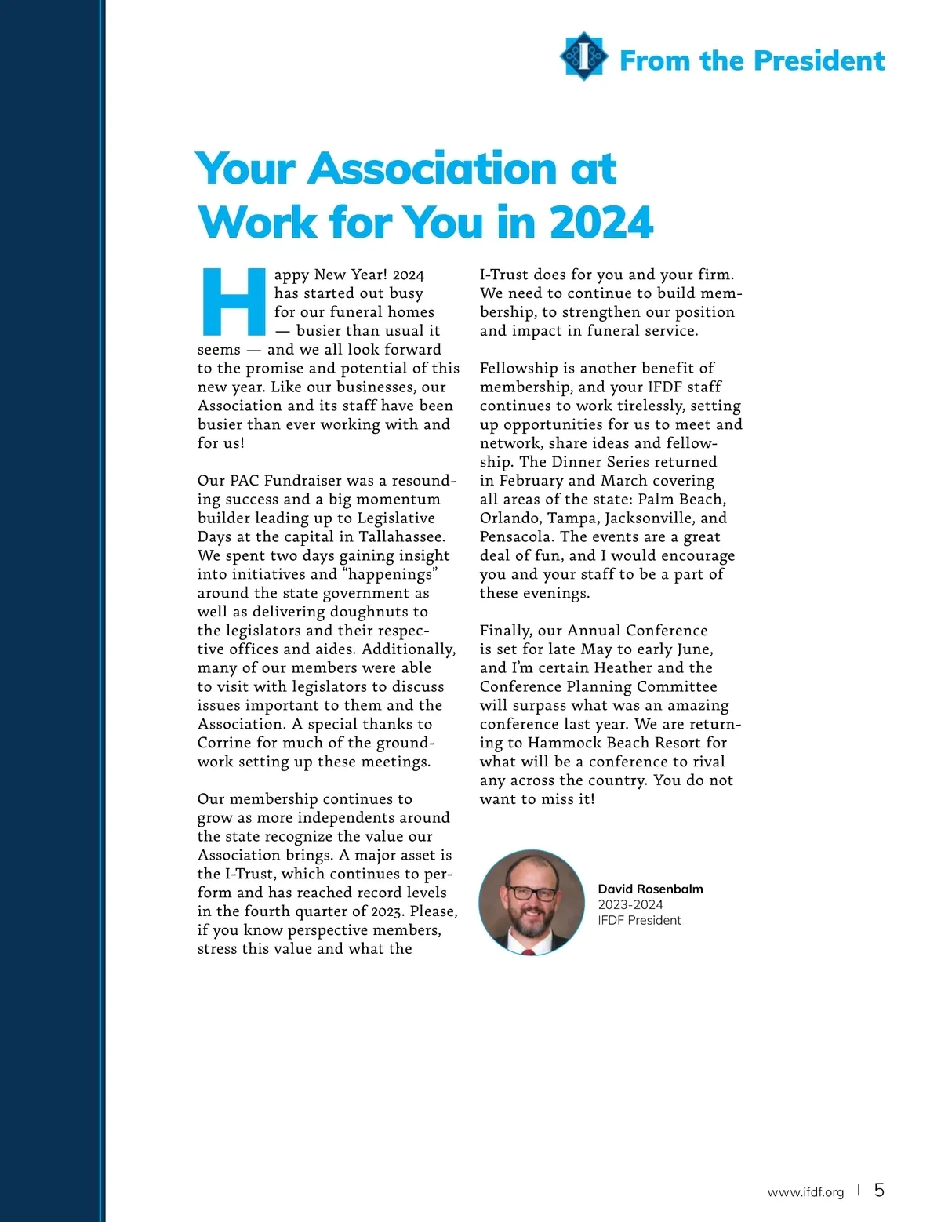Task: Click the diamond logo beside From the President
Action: click(x=584, y=56)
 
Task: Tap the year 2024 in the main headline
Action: click(x=601, y=223)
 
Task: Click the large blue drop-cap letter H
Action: click(x=233, y=301)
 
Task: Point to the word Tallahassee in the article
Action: click(x=401, y=537)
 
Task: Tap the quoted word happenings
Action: click(x=391, y=574)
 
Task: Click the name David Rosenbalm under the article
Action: click(x=650, y=889)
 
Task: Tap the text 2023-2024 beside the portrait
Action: click(x=630, y=904)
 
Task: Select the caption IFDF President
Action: click(x=639, y=920)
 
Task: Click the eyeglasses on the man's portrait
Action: click(x=532, y=893)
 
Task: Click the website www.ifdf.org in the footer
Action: click(x=805, y=1192)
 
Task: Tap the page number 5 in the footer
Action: click(x=879, y=1191)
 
